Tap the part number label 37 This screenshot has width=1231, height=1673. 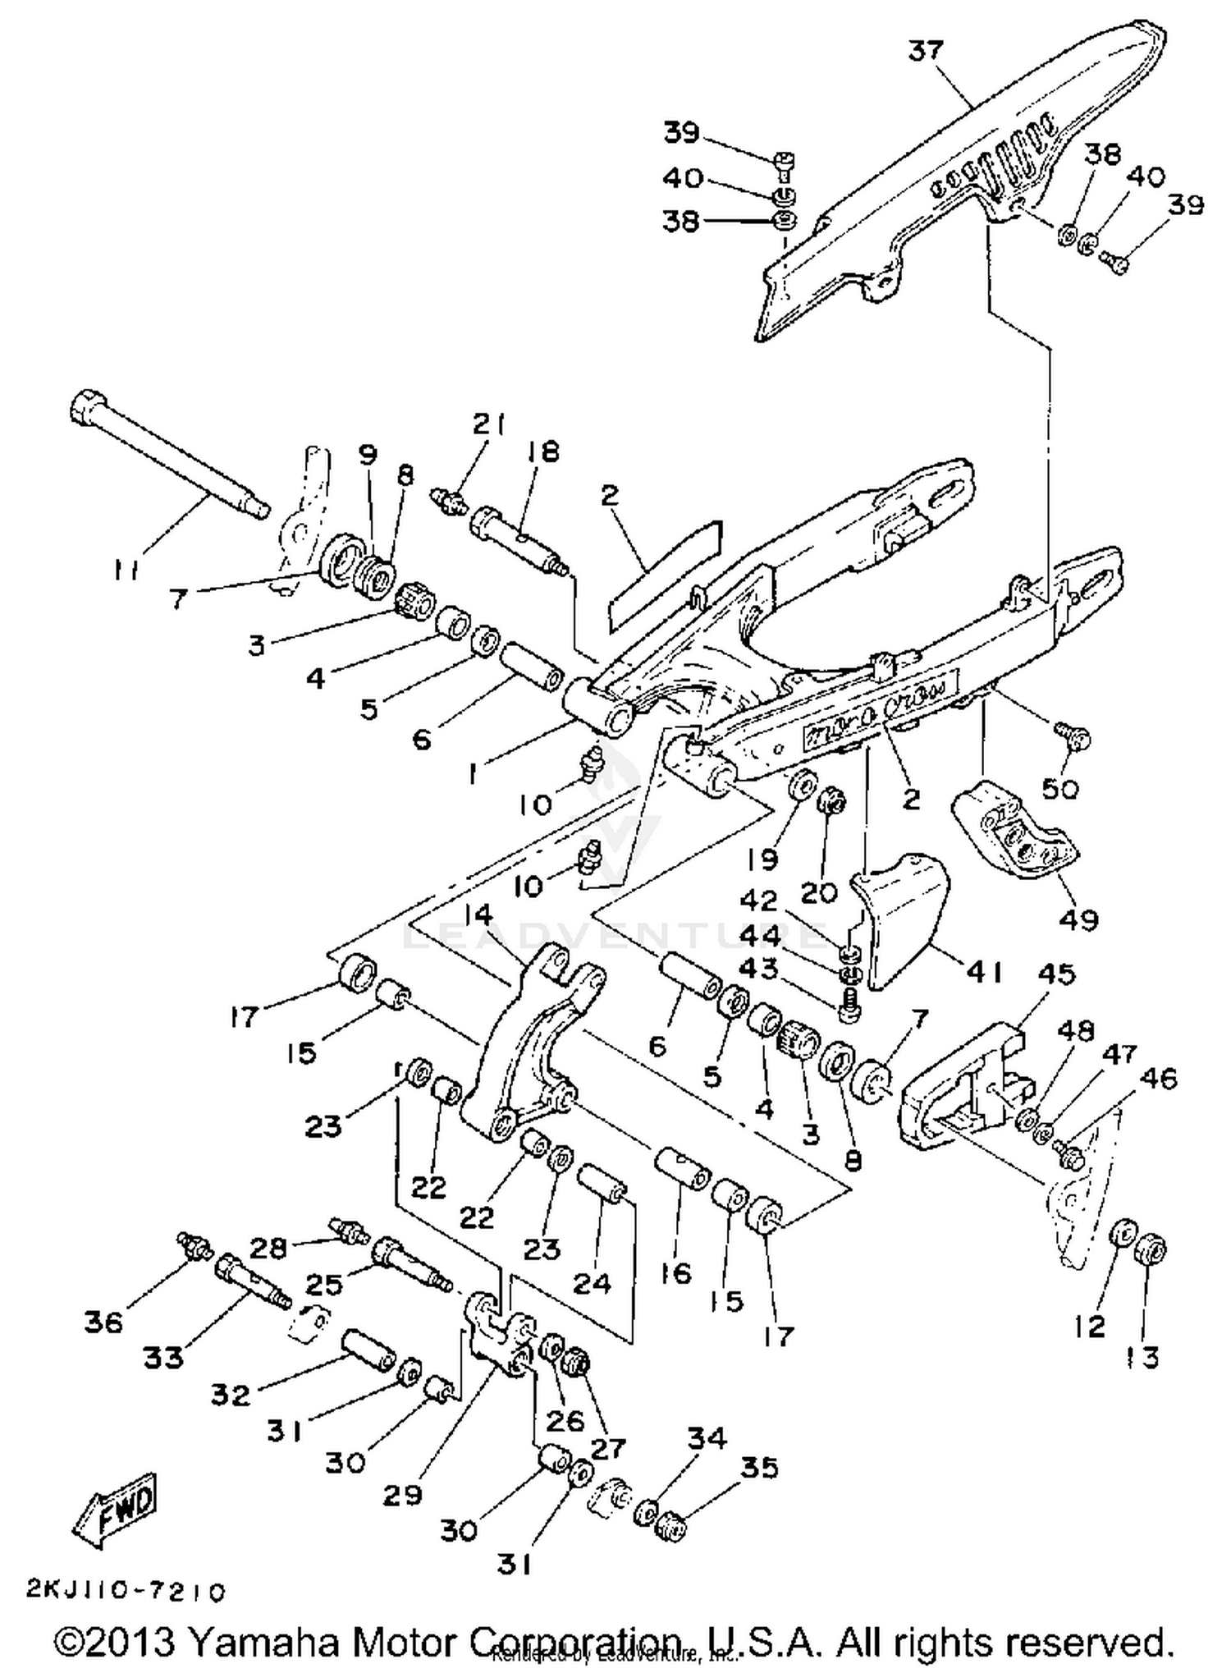[926, 51]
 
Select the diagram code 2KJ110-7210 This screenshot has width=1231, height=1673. [125, 1593]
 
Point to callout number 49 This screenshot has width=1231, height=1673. [1078, 920]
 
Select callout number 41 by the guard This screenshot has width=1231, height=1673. [984, 973]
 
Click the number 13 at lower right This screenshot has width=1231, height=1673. [1142, 1358]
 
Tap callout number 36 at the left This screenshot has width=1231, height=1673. [103, 1322]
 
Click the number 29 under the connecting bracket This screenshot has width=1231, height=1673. [402, 1494]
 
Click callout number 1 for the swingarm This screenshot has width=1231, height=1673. [473, 772]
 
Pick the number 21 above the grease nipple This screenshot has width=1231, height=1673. [489, 424]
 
